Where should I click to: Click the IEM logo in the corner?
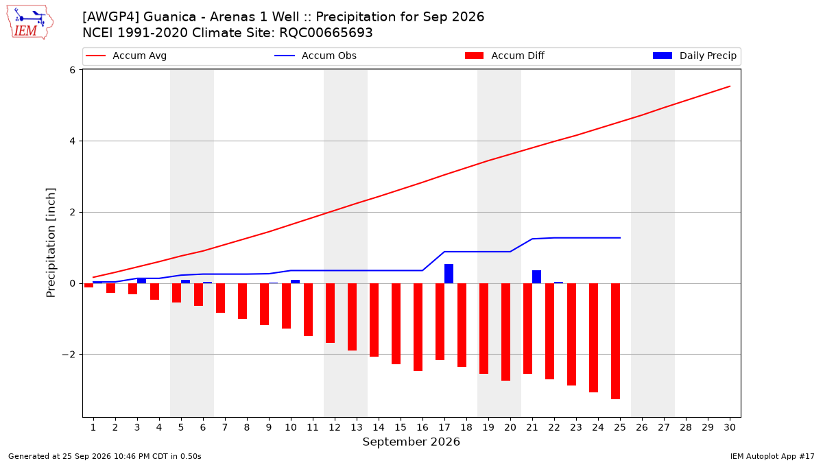30,23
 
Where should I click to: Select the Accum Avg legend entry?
126,56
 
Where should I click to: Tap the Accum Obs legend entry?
315,56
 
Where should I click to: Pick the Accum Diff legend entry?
505,56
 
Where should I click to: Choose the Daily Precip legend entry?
694,56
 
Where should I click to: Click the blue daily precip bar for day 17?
449,274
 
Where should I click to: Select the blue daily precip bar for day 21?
536,276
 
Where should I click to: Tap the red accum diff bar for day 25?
615,341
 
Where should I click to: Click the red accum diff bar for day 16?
418,327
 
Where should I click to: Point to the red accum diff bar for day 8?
242,301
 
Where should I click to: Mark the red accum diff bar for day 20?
505,332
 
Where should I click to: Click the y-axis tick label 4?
72,141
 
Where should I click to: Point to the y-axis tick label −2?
69,355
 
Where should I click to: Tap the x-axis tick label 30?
730,427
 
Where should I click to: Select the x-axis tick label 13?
357,427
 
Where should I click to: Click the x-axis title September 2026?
411,442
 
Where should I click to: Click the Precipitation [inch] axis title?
51,243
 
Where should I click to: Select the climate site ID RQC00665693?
326,33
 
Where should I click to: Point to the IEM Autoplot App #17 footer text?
772,456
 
